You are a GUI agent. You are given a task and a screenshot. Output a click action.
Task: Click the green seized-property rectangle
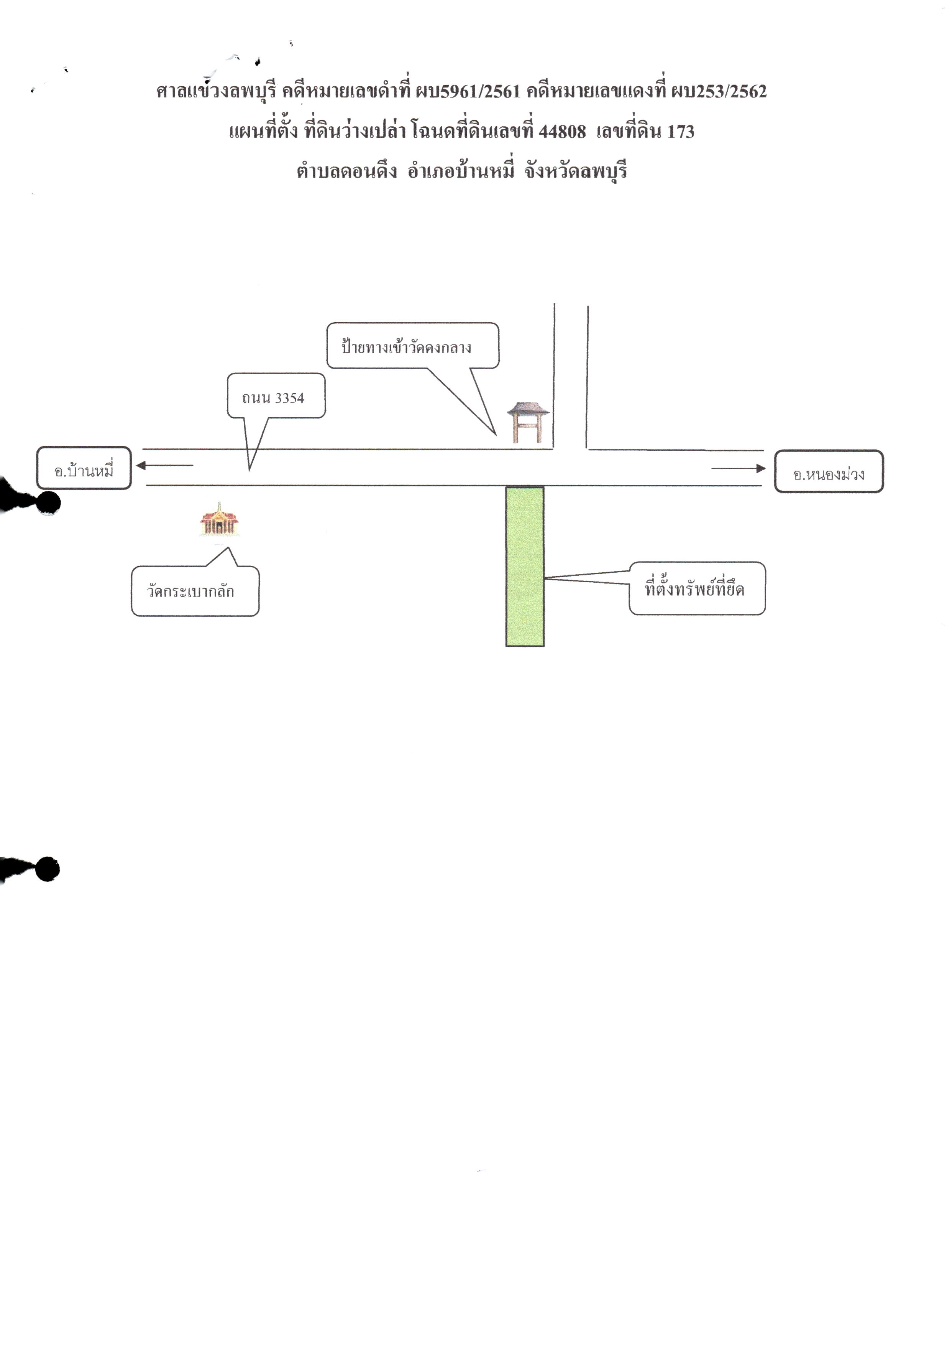[525, 566]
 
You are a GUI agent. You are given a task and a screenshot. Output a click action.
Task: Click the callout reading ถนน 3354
[276, 396]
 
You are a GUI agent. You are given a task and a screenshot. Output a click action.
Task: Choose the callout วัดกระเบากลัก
[195, 590]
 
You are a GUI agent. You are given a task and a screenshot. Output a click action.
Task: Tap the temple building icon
[219, 519]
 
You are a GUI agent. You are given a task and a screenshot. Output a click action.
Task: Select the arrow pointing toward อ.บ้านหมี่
[165, 465]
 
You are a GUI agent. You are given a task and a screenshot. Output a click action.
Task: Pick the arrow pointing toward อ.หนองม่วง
[739, 468]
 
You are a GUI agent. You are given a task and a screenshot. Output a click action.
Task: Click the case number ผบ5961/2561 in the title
[468, 91]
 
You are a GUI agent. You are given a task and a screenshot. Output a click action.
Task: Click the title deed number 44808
[562, 131]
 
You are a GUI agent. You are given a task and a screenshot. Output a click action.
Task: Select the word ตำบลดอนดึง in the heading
[346, 171]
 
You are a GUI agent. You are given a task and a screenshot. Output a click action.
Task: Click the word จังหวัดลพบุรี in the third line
[576, 171]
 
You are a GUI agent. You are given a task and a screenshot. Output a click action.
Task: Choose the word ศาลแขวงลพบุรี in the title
[216, 91]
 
